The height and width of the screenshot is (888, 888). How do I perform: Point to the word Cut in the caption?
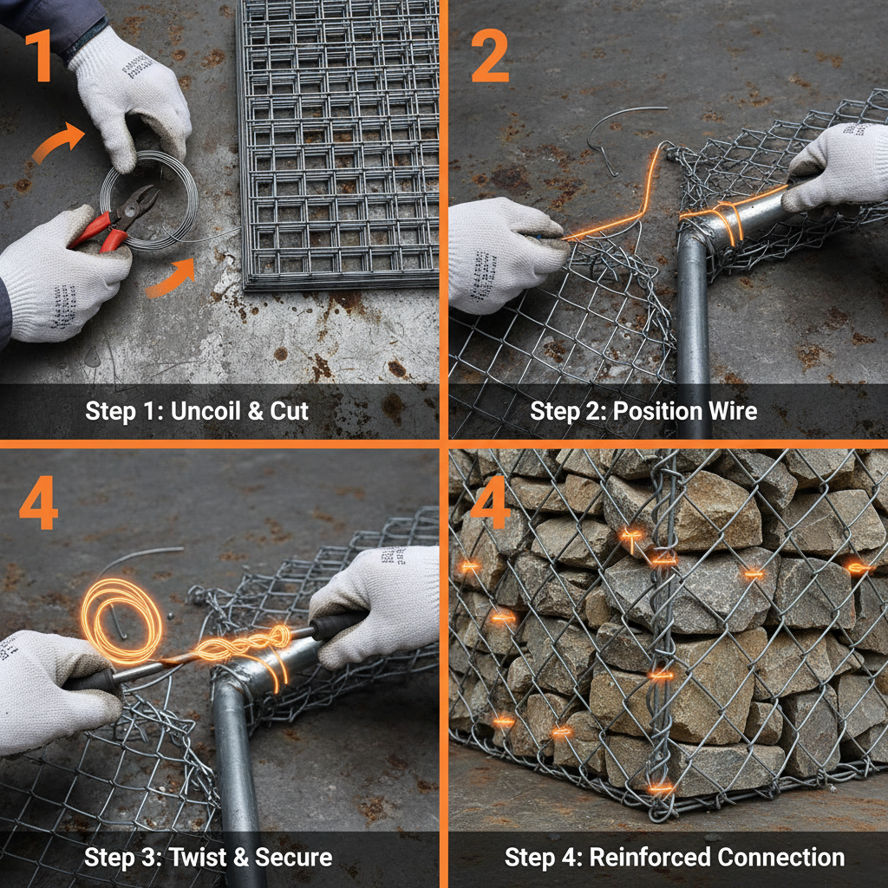(290, 410)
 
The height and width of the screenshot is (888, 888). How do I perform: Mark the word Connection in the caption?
(780, 858)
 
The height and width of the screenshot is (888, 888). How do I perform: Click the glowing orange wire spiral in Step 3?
(121, 610)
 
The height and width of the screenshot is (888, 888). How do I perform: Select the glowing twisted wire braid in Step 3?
(234, 646)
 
